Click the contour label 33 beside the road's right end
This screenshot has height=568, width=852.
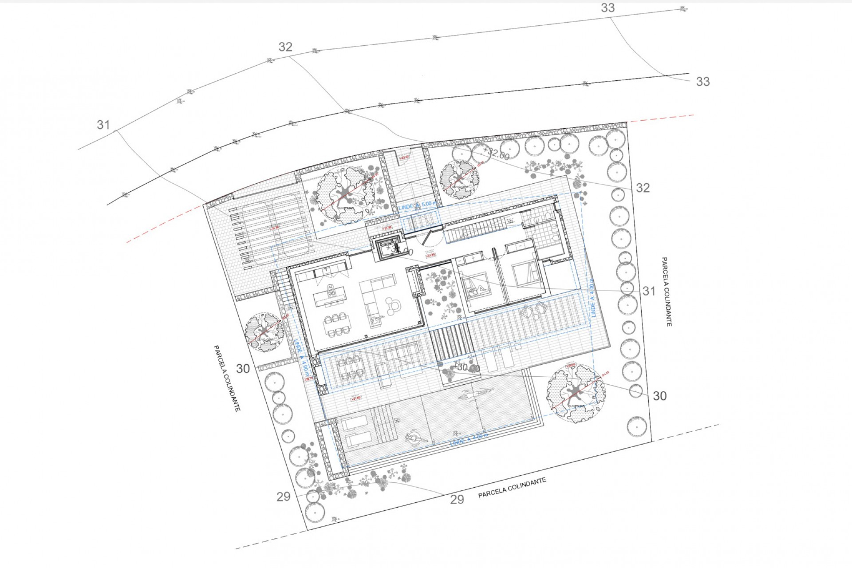702,82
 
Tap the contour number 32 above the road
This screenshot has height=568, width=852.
285,47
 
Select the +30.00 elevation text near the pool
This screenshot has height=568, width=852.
466,368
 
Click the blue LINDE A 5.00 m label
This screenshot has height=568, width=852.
417,205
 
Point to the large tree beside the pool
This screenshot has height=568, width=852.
576,393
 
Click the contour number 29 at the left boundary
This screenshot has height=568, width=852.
283,497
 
